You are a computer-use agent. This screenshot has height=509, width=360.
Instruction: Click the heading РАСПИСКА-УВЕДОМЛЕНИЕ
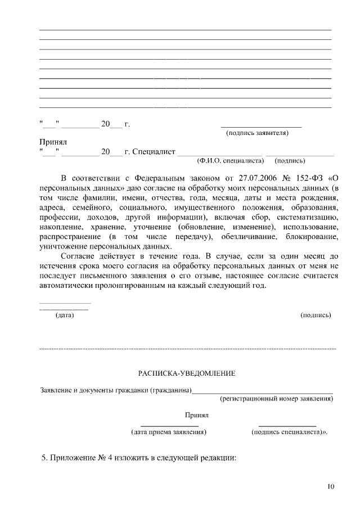[187, 373]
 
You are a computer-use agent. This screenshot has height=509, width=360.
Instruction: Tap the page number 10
[330, 487]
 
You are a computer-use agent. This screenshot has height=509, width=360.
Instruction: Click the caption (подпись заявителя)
[257, 133]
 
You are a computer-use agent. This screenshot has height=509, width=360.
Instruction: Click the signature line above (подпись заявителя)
[261, 127]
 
